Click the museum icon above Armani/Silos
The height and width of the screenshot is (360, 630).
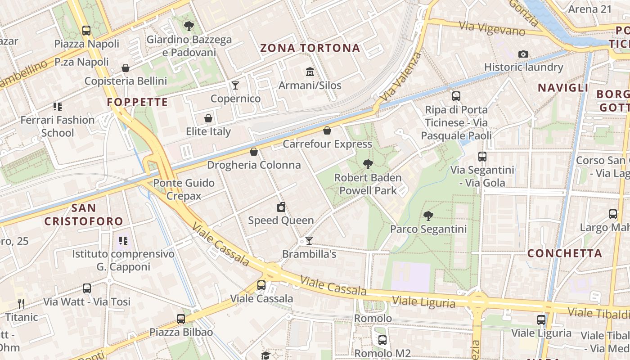pos(310,72)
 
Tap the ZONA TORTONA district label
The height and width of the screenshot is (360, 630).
pos(310,48)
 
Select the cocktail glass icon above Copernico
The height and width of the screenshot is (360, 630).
pos(235,85)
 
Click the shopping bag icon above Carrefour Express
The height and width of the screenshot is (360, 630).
pos(327,130)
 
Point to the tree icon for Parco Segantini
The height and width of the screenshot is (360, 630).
pos(428,216)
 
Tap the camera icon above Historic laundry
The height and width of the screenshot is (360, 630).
pos(523,54)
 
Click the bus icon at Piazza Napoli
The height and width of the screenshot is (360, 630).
pos(86,31)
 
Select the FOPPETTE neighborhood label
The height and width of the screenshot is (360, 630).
pos(137,102)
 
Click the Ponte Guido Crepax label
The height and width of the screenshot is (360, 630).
pos(184,189)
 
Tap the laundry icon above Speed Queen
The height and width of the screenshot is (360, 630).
pos(281,207)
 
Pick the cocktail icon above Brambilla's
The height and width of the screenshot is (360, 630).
pos(309,241)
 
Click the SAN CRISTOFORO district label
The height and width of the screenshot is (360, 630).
pos(84,215)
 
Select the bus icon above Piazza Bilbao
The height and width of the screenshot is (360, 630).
pos(181,319)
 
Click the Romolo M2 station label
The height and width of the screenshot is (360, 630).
pos(382,353)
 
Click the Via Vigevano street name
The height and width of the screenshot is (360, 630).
pos(492,29)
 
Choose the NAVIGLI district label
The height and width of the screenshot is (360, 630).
pos(563,88)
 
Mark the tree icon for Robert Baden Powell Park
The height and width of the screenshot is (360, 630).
pos(368,165)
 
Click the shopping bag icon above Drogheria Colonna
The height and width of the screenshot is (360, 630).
pos(254,152)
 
